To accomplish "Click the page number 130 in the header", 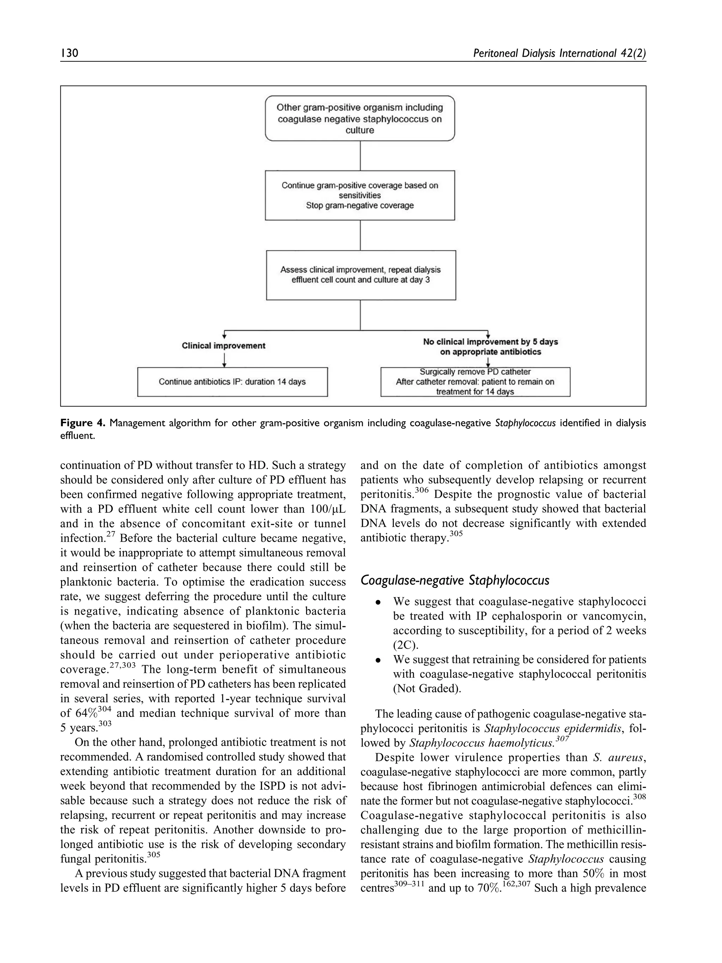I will (69, 54).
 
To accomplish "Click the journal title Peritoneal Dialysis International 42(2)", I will (559, 54).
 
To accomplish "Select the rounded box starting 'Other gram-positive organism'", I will (360, 118).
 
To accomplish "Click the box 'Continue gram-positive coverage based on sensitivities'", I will (360, 195).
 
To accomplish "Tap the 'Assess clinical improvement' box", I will (360, 275).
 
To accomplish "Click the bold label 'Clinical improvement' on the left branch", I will (223, 346).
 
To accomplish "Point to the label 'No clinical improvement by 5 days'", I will (490, 342).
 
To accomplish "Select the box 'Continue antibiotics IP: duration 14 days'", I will (232, 382).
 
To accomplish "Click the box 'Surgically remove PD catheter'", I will (475, 382).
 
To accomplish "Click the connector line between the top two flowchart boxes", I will (360, 156).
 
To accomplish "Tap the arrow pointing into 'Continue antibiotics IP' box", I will (224, 360).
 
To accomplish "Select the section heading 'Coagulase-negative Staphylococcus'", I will (455, 580).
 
